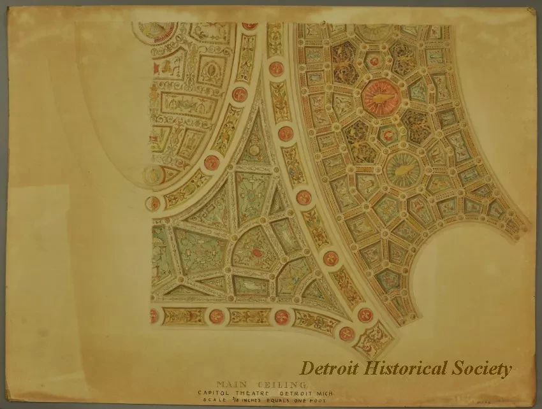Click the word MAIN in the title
coord(231,384)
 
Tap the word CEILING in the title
coord(281,384)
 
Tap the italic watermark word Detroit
coord(329,368)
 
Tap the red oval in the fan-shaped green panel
coord(256,253)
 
